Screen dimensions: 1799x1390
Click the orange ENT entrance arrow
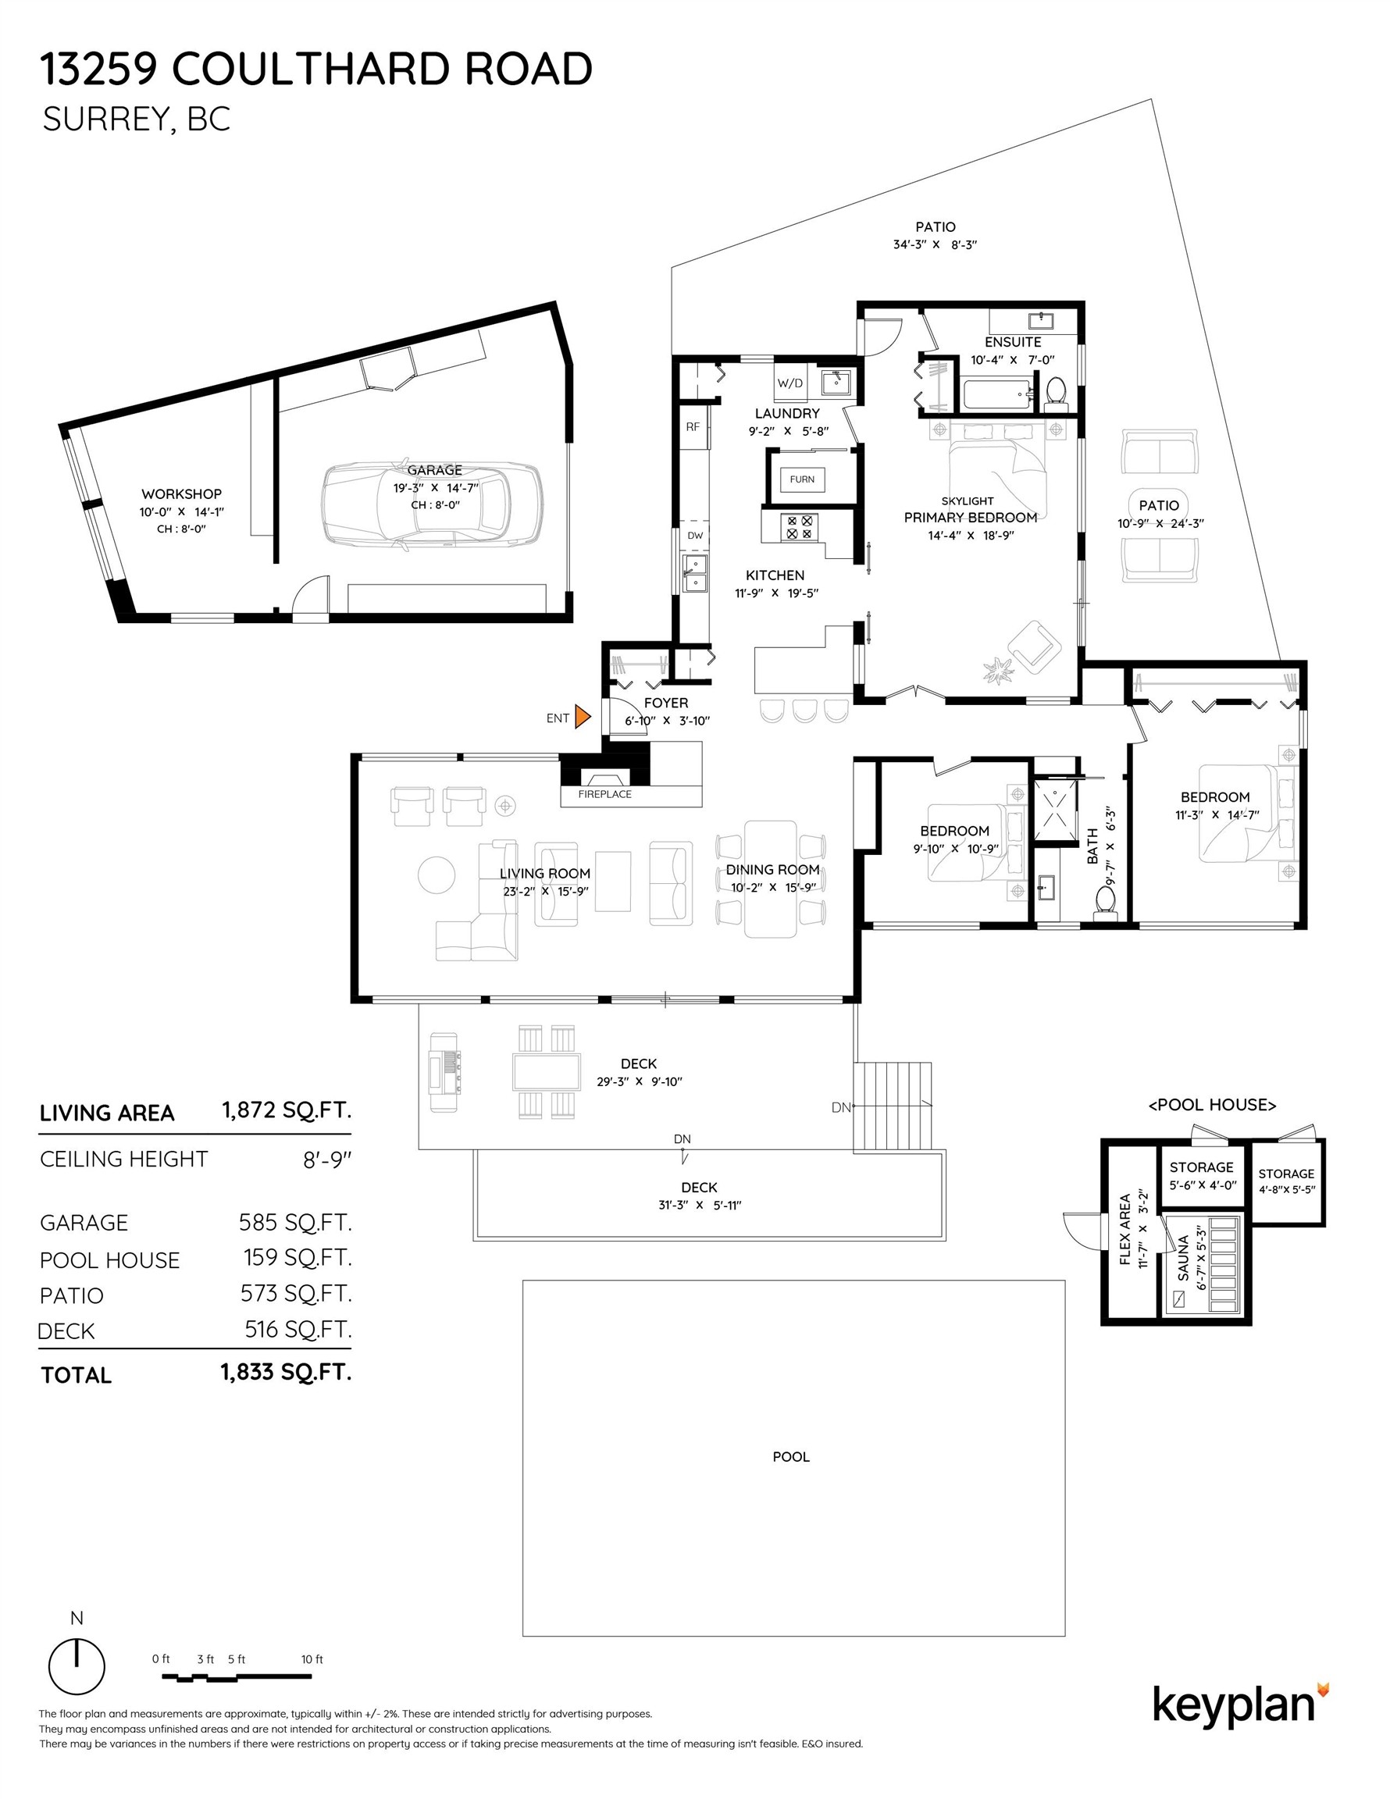pos(582,717)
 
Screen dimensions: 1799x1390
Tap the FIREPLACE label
pos(604,794)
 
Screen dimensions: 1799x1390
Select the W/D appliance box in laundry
pos(789,383)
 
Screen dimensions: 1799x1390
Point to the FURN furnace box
pos(802,479)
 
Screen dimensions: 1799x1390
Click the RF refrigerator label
pos(692,426)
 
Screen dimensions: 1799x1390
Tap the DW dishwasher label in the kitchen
pos(694,536)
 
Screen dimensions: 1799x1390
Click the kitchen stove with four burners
pos(798,527)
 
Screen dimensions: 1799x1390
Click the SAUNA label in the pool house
pos(1183,1257)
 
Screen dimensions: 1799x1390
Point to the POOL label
pos(790,1456)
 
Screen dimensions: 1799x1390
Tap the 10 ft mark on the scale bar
pos(312,1659)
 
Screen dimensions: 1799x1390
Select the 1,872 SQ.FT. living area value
pos(286,1110)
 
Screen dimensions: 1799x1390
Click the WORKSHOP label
pos(181,494)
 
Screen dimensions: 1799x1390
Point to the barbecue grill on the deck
pos(444,1063)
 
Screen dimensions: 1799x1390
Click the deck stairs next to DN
pos(893,1106)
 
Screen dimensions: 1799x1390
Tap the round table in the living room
pos(436,875)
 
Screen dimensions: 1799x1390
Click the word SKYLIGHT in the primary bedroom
pos(968,501)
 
